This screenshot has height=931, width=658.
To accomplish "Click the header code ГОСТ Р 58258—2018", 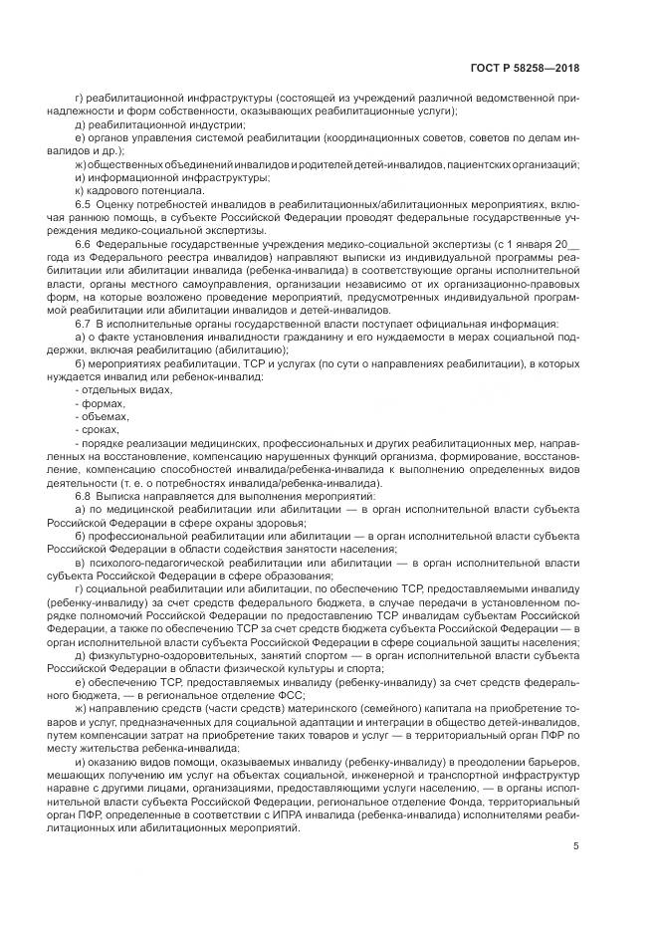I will (x=525, y=69).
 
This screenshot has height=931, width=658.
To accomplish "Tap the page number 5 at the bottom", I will (x=576, y=846).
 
